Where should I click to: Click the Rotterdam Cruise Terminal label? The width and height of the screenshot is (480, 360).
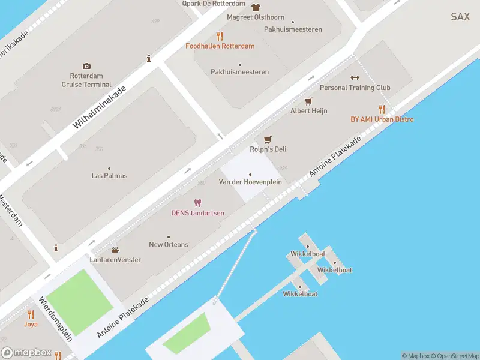point(86,80)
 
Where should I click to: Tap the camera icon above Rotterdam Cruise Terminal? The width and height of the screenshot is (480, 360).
point(87,66)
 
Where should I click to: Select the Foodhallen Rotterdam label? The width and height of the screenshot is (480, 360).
point(220,46)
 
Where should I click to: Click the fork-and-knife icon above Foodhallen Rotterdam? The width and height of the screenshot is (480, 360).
point(220,35)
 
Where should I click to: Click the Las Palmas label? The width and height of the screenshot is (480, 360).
point(109,176)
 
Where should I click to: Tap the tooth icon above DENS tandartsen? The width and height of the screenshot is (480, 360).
point(197,202)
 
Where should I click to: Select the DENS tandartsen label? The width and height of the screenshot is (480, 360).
point(197,213)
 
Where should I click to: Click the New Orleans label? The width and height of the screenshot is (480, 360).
point(168,244)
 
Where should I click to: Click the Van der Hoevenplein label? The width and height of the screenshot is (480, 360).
point(250,182)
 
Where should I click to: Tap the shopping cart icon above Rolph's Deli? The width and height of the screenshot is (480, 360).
point(268,139)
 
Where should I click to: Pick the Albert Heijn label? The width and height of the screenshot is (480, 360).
point(308,111)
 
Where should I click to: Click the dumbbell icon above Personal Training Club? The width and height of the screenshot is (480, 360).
point(355,77)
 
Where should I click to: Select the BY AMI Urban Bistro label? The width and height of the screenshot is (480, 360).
point(382,119)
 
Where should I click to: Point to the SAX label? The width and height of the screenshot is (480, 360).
point(460,17)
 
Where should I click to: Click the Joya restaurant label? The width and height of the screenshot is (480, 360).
point(31,324)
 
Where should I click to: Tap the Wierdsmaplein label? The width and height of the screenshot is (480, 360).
point(55,319)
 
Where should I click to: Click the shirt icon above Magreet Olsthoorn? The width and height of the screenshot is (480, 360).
point(256,7)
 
